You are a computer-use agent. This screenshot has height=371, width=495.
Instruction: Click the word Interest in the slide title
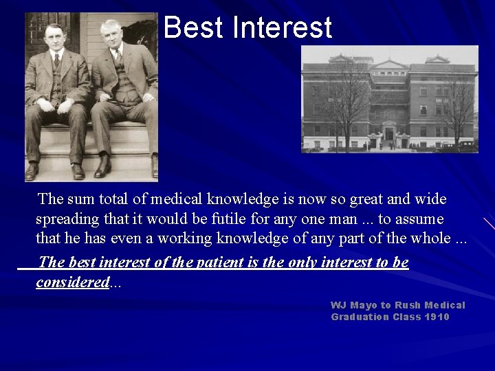tap(283, 28)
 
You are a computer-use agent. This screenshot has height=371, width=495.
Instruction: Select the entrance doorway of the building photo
tap(389, 133)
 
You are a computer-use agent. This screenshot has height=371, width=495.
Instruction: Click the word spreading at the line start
tap(67, 219)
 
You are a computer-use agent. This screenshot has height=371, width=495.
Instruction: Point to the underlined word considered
tap(73, 282)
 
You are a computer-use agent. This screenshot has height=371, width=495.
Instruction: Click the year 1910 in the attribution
tap(437, 317)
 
